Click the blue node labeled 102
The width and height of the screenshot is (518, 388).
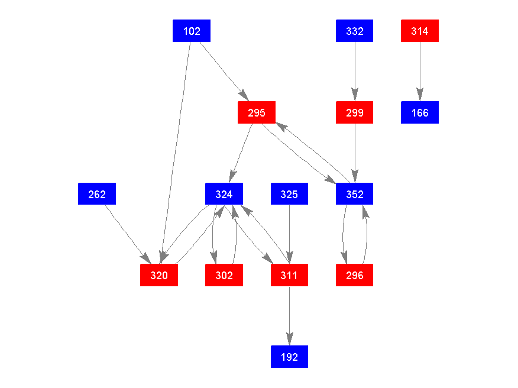[x=192, y=31]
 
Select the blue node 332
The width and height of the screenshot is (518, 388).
[x=354, y=31]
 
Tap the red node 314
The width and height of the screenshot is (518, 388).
[x=420, y=31]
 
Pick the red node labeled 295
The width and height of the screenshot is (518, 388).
[x=257, y=112]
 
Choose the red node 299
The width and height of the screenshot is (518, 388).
[x=354, y=112]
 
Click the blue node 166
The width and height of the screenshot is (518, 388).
[x=420, y=112]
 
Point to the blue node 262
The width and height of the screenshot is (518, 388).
[x=97, y=194]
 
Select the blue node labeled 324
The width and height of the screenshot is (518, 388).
[x=224, y=194]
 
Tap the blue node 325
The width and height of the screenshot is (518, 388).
[x=289, y=194]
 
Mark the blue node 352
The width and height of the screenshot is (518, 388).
[x=354, y=194]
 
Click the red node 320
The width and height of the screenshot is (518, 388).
[x=158, y=275]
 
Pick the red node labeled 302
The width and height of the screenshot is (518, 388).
[x=224, y=275]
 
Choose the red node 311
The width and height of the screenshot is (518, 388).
[x=289, y=275]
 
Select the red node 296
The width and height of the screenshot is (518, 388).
[x=354, y=275]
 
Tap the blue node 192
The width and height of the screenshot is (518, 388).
[x=289, y=357]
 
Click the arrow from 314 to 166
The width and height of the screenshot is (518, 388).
[x=420, y=72]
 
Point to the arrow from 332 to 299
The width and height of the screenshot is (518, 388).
[x=354, y=72]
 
